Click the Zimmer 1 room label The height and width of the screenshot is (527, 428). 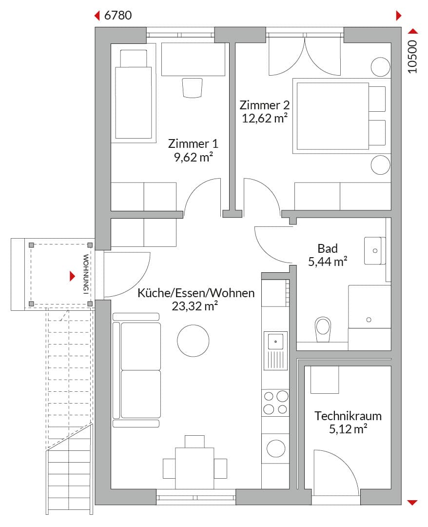tap(193, 144)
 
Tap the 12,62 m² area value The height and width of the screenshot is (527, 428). tap(265, 118)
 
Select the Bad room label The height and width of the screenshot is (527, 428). tap(328, 249)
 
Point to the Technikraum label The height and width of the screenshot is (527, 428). tap(348, 416)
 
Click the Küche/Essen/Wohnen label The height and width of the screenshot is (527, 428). tap(196, 293)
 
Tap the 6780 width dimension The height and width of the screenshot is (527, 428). tap(118, 16)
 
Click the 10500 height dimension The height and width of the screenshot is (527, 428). tap(412, 57)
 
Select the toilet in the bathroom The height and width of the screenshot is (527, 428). tap(323, 329)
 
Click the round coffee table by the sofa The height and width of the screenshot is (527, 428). tap(193, 341)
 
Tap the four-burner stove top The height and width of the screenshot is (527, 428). tap(275, 402)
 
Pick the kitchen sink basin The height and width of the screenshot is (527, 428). tap(275, 342)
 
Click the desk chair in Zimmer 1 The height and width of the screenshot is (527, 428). tap(193, 88)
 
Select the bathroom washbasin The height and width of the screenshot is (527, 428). tap(375, 251)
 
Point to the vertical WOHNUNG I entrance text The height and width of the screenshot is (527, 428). tap(86, 274)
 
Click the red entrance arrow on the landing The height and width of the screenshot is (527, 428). tap(72, 276)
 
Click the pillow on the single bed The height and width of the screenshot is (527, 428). tap(134, 59)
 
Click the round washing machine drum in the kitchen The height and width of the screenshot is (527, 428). tap(276, 448)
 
